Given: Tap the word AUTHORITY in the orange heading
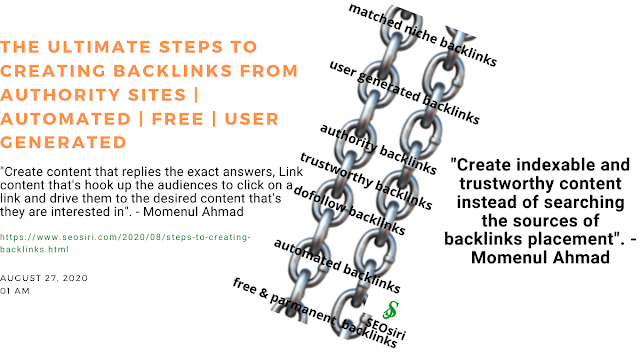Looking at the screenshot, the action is [60, 95].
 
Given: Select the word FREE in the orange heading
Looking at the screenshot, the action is [178, 119].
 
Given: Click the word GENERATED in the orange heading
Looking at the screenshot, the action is [63, 142].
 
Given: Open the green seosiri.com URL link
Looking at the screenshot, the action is [125, 243].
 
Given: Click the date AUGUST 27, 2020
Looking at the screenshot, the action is [44, 278].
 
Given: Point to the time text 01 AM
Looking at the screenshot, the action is [15, 291].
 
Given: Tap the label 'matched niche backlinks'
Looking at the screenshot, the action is [422, 35].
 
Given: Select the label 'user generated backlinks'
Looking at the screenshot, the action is [404, 93].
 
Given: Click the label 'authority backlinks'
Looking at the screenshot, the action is [378, 149].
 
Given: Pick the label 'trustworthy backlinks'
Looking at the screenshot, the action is [366, 181].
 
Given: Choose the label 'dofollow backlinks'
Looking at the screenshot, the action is [349, 211].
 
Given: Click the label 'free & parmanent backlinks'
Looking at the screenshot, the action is [315, 313].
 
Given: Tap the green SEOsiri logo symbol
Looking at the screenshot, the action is [391, 310].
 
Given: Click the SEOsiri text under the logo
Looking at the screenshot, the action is [386, 329].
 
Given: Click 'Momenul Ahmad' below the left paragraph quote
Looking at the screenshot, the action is [193, 212].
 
